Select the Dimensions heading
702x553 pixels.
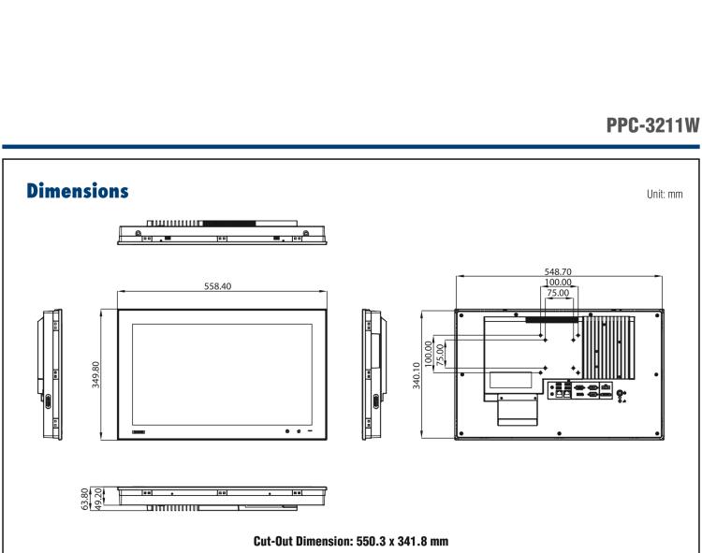pyautogui.click(x=72, y=192)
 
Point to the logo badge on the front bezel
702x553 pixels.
pyautogui.click(x=140, y=430)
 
